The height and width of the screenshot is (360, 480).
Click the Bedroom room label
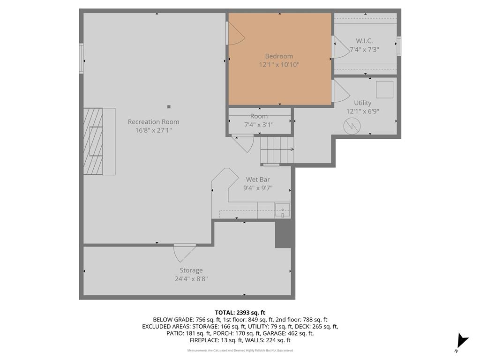279,56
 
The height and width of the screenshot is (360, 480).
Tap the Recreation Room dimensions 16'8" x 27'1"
154,130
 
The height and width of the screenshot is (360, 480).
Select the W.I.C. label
364,41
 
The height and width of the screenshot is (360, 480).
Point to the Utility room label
363,103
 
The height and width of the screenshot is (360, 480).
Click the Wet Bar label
258,180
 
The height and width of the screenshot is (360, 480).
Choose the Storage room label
191,270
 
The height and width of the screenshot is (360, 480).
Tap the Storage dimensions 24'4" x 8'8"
191,279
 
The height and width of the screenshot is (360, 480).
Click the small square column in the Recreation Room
169,107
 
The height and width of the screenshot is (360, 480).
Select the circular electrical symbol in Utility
352,126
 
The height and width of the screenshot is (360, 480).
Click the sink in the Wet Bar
282,210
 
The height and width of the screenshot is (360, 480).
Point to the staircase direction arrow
277,150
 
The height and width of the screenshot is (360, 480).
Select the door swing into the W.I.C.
341,47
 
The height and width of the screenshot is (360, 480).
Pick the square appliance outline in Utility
384,90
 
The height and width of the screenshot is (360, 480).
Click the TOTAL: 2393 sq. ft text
240,313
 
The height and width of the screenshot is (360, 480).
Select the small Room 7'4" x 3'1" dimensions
259,125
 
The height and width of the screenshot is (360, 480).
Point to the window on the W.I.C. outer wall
399,46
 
